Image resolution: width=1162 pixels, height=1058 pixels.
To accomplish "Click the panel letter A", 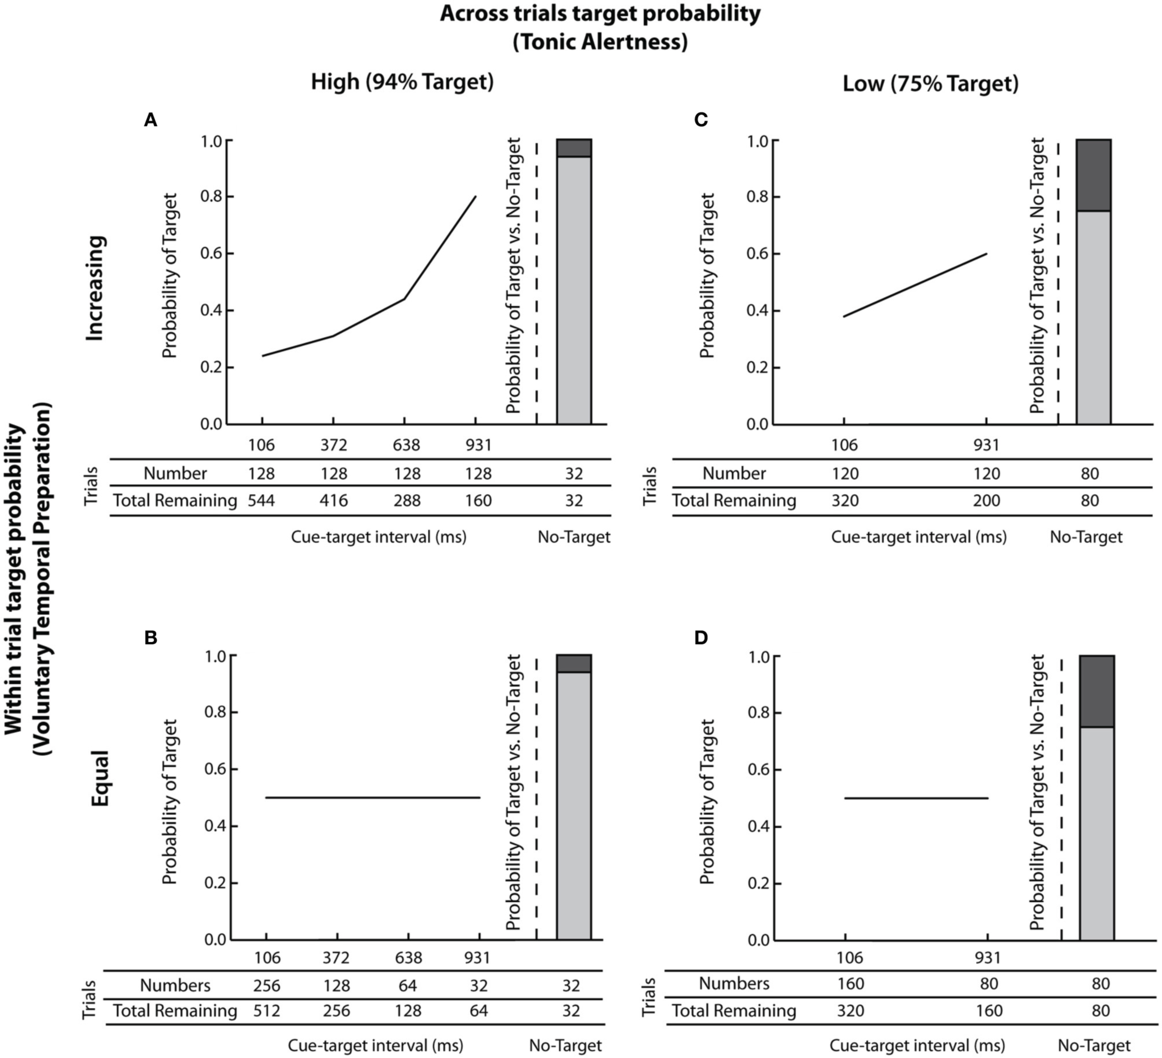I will click(x=151, y=120).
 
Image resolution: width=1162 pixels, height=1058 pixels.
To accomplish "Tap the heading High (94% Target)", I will click(x=403, y=82).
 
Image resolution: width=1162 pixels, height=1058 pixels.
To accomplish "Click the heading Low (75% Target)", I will click(x=930, y=84).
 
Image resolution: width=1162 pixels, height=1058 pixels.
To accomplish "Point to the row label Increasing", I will click(x=96, y=288).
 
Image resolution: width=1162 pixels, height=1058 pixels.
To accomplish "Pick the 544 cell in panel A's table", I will click(x=261, y=500).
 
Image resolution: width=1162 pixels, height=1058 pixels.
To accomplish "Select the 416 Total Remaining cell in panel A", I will click(x=334, y=500).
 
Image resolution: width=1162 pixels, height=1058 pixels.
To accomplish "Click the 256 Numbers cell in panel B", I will click(x=267, y=985).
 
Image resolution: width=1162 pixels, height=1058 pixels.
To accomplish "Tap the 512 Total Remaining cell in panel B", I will click(x=267, y=1011).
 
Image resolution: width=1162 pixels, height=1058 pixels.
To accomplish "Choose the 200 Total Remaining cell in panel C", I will click(x=987, y=500).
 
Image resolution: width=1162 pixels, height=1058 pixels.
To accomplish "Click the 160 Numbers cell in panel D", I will click(x=851, y=983).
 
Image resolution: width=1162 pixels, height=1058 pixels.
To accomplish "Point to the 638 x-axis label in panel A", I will click(x=406, y=445).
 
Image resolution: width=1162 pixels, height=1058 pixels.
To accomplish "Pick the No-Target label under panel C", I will click(x=1086, y=537).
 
